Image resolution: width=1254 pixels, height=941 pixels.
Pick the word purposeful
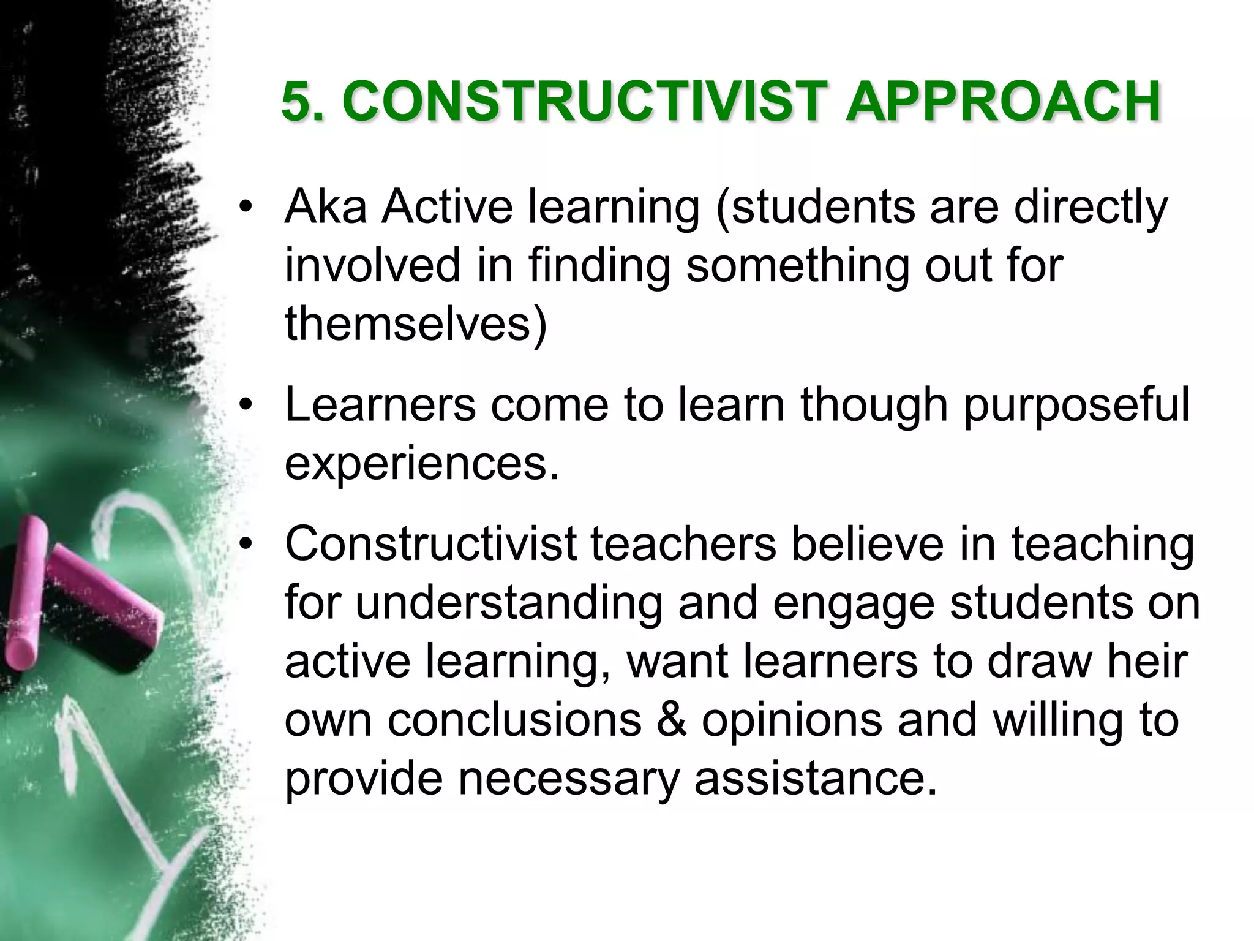(1076, 407)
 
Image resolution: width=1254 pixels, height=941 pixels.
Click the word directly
(1091, 208)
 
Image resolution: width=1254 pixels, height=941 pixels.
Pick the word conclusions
(514, 720)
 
